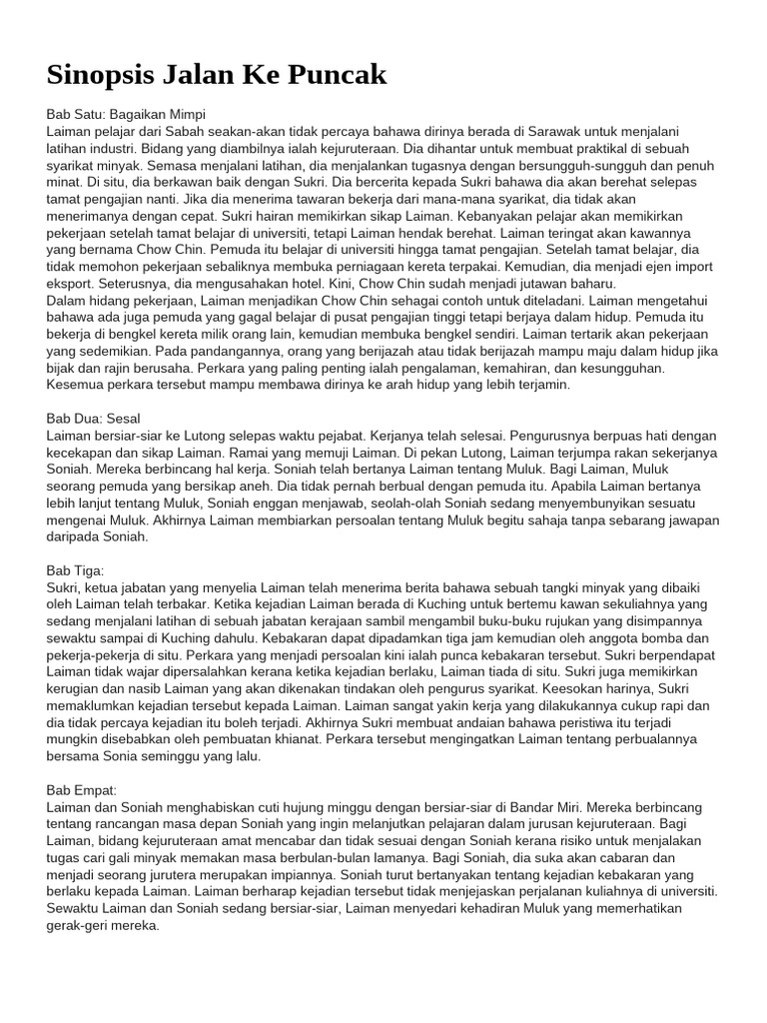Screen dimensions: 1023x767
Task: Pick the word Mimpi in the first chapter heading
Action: click(x=185, y=115)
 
